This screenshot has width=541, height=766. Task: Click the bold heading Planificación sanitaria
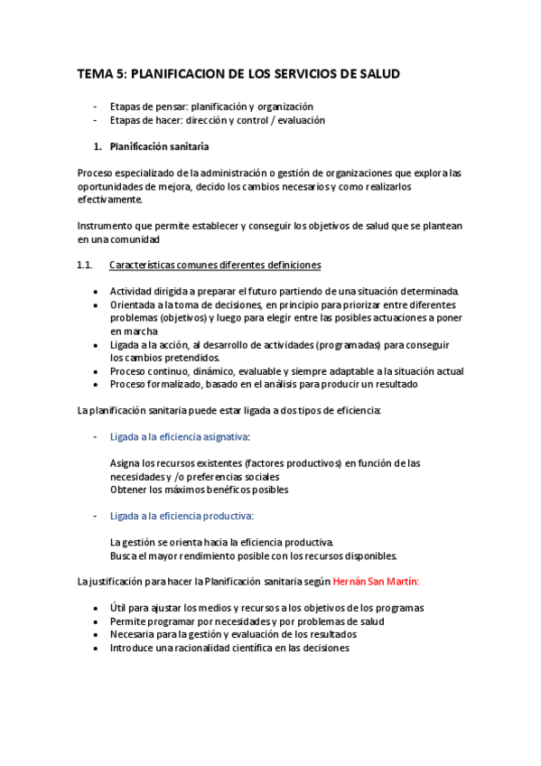[160, 146]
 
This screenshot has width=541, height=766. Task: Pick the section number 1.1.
[86, 266]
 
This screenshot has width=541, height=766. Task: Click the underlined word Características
[147, 266]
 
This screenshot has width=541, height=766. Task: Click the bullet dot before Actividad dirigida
[97, 292]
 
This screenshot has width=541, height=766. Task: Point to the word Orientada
[133, 305]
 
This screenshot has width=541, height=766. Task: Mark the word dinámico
[219, 371]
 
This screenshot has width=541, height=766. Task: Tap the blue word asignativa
[223, 437]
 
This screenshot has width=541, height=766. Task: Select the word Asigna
[125, 463]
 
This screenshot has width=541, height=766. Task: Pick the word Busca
[123, 556]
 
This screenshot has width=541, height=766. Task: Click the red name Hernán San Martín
[376, 583]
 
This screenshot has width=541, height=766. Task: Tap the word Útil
[119, 608]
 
